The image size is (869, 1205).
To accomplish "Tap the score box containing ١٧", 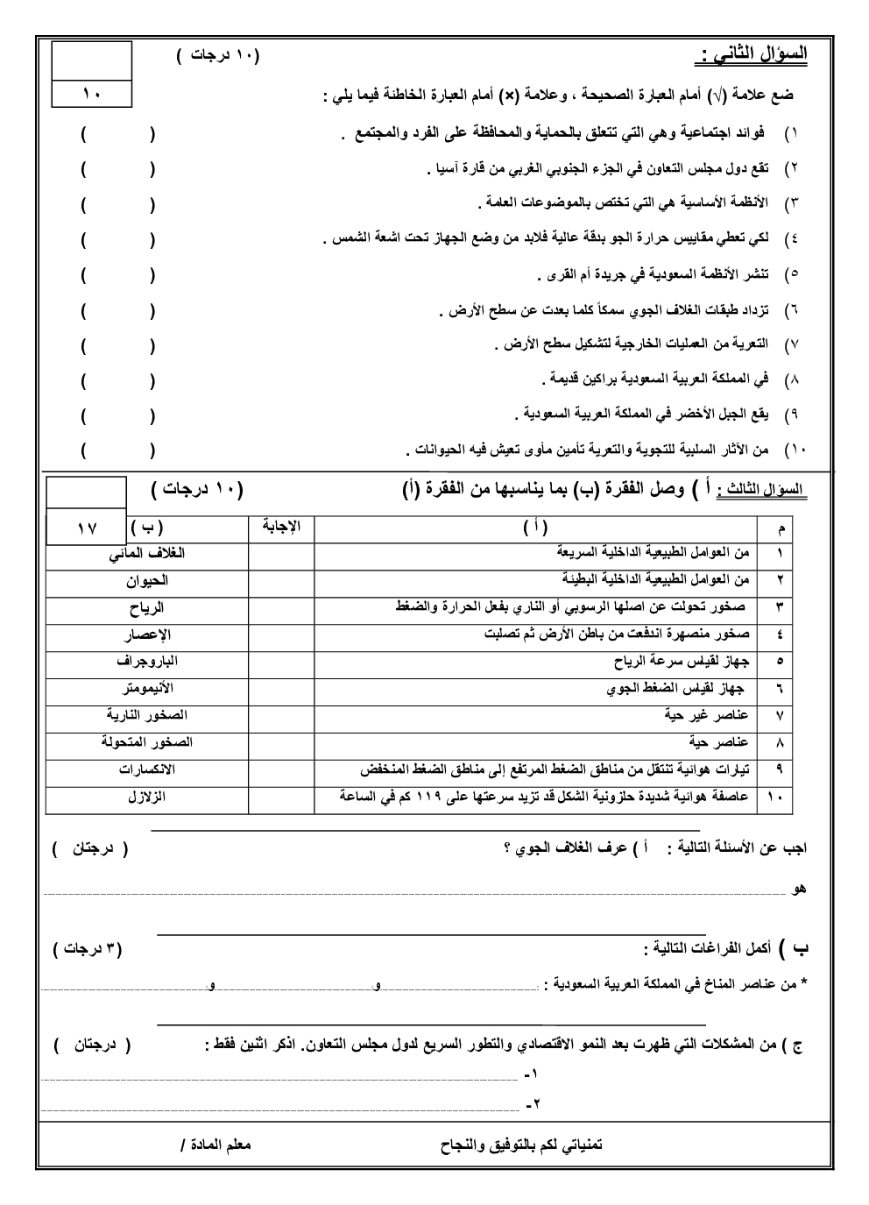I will click(x=87, y=528).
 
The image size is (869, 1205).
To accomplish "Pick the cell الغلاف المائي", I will click(x=146, y=553).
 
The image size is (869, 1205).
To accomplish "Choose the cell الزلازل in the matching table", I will click(x=147, y=797).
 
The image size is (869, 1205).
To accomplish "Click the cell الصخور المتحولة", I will click(x=146, y=742).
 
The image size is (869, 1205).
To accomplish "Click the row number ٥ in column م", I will click(x=780, y=662).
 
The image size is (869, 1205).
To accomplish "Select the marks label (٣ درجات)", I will click(x=88, y=949).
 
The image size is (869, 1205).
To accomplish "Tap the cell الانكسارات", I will click(x=147, y=769).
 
